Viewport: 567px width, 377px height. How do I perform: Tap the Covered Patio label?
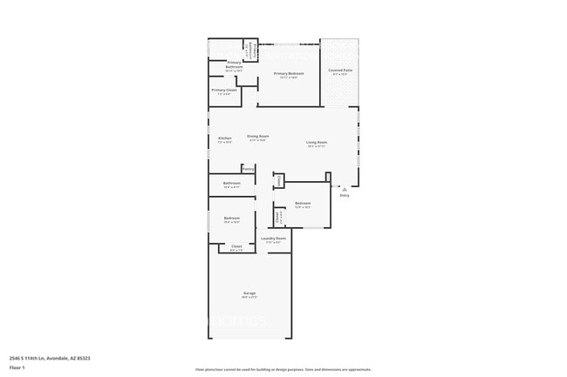340,70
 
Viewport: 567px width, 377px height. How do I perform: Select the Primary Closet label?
224,90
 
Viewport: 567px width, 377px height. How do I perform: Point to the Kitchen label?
225,138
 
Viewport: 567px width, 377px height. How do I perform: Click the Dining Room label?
257,136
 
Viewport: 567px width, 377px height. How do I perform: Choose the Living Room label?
316,142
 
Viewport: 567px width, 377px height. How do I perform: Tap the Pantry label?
248,168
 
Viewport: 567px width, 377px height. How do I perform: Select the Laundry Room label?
274,238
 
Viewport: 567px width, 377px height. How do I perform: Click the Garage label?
249,293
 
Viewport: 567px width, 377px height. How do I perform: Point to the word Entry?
344,196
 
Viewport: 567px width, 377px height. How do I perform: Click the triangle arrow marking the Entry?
344,188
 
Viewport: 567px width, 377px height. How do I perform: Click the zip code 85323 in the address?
84,358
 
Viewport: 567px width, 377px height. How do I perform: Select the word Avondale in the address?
56,358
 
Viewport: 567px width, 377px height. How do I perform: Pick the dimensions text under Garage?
249,297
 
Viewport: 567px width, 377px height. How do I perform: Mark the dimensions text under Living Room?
316,146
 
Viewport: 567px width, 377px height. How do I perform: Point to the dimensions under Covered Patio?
340,74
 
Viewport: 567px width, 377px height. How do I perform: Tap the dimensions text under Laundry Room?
274,242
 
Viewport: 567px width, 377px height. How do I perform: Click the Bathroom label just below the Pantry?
232,183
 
